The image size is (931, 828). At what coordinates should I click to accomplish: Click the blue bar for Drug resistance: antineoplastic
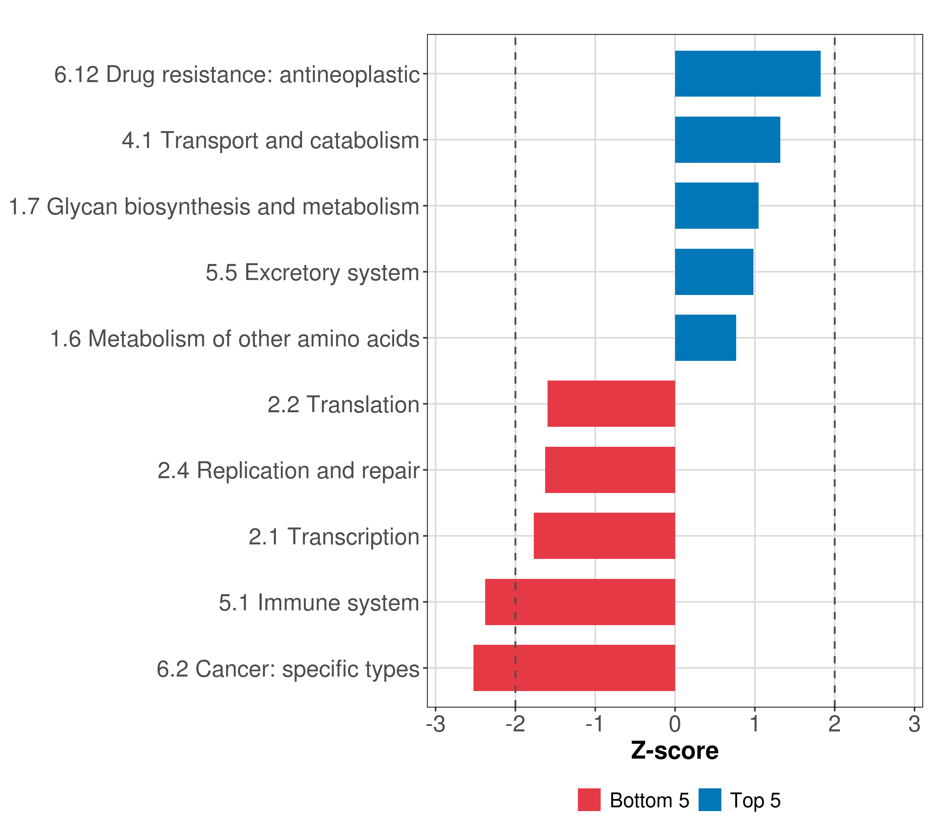pos(748,74)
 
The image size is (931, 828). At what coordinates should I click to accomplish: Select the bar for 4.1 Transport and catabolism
pos(728,140)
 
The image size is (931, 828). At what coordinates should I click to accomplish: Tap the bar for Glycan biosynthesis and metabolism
pos(717,206)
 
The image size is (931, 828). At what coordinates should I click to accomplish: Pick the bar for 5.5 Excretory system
pos(714,272)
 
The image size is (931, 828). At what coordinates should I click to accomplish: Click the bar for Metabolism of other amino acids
pos(705,338)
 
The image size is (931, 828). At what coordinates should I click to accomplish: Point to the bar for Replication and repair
pos(610,470)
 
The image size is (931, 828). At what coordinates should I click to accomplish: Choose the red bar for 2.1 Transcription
pos(604,536)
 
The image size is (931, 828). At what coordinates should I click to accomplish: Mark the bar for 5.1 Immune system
pos(580,602)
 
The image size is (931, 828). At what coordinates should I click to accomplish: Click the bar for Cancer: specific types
pos(574,668)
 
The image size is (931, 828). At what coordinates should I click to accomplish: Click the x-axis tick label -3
pos(436,724)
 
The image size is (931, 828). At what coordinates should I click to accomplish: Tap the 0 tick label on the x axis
pos(674,724)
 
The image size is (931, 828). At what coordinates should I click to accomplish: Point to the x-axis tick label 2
pos(834,724)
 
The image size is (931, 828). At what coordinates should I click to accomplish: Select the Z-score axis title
pos(674,751)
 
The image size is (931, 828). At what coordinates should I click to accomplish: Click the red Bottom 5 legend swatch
pos(589,800)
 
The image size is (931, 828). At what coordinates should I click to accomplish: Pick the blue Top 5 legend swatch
pos(710,800)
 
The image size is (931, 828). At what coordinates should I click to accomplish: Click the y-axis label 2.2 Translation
pos(343,405)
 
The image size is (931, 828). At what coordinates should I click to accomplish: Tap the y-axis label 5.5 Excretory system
pos(312,273)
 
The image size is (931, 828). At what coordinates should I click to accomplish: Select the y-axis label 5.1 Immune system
pos(319,603)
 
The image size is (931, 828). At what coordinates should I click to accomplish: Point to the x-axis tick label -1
pos(594,724)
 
